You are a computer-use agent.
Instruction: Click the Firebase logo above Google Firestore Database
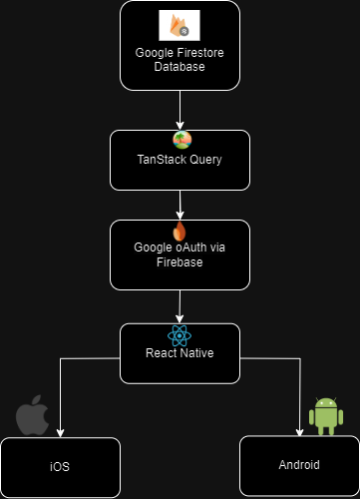click(x=180, y=25)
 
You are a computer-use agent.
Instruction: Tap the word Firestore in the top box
click(x=200, y=53)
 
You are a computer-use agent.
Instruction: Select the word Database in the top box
click(x=180, y=67)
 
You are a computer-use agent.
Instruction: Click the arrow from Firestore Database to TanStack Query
click(x=180, y=110)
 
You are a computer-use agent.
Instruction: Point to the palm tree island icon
click(x=182, y=140)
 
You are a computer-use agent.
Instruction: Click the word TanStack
click(x=157, y=160)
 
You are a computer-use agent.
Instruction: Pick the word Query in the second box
click(x=200, y=160)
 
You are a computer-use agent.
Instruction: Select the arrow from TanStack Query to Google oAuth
click(x=180, y=205)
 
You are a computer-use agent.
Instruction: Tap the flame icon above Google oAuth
click(x=180, y=231)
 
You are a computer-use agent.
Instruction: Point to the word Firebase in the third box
click(x=180, y=262)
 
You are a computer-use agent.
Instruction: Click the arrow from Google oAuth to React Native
click(x=180, y=306)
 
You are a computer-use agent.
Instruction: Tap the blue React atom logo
click(x=180, y=336)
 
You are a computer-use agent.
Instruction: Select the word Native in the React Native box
click(x=196, y=353)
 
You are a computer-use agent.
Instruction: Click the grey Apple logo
click(x=33, y=415)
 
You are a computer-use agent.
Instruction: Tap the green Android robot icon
click(x=326, y=416)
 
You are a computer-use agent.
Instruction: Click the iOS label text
click(x=60, y=467)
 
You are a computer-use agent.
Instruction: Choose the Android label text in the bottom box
click(x=299, y=465)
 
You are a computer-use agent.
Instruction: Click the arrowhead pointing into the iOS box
click(x=60, y=433)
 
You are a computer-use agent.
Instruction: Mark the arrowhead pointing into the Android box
click(x=300, y=432)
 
